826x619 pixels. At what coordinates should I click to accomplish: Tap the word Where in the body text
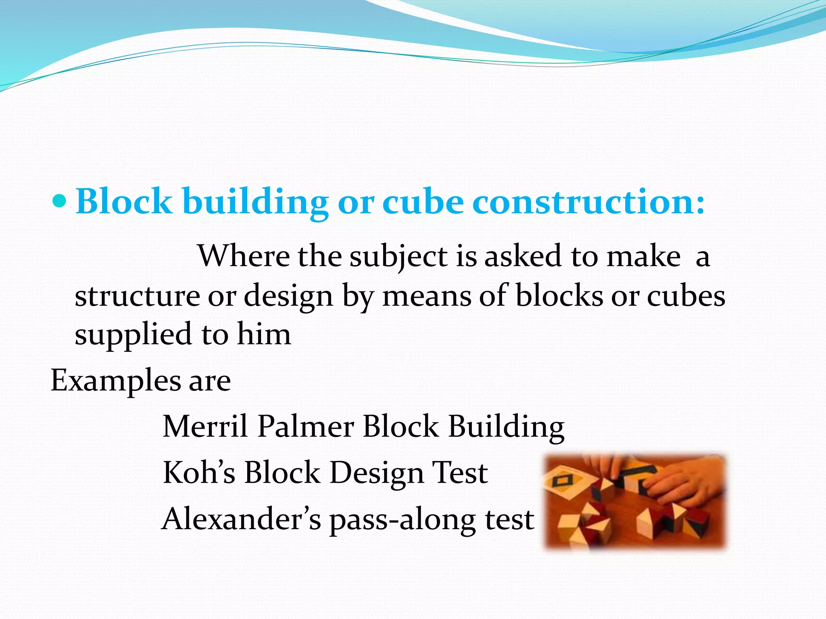(244, 256)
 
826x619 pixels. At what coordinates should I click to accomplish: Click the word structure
(137, 296)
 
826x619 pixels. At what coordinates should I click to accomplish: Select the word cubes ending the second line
(686, 296)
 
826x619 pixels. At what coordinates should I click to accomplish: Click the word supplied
(133, 334)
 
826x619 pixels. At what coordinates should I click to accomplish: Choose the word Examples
(116, 381)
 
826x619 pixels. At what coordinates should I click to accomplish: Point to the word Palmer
(305, 426)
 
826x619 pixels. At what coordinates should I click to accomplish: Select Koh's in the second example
(199, 472)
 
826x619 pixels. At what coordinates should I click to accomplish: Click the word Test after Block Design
(459, 472)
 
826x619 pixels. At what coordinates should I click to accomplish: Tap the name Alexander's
(241, 519)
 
